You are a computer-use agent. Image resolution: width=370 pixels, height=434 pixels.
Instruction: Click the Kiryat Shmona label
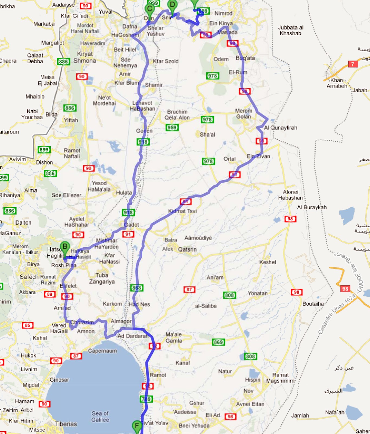pos(85,57)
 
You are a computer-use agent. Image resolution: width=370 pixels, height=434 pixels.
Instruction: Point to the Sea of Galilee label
pos(100,416)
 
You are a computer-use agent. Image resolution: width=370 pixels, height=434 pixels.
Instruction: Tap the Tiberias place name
pos(66,424)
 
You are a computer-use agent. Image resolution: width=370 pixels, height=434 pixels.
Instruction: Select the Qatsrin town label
pos(187,249)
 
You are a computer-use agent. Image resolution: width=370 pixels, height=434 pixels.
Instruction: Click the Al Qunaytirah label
pos(281,127)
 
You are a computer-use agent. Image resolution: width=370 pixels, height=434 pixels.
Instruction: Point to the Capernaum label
pos(102,351)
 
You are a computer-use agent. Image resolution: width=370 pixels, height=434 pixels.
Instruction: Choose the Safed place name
pos(28,277)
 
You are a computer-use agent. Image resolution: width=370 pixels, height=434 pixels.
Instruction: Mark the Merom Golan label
pos(244,114)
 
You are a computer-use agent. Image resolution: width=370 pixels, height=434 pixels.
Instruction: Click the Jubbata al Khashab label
pos(291,30)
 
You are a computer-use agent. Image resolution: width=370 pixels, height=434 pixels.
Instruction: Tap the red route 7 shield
pos(353,64)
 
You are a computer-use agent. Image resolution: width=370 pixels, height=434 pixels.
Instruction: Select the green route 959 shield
pos(172,127)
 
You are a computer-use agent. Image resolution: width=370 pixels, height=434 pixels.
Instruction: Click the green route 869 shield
pos(218,342)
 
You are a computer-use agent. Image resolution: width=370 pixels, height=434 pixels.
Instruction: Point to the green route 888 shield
pos(137,288)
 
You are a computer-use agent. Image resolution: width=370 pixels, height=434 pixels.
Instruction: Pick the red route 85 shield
pos(28,325)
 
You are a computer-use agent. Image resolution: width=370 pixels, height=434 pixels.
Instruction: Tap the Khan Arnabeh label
pos(337,83)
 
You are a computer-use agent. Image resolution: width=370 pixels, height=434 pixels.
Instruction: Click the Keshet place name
pos(268,262)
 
